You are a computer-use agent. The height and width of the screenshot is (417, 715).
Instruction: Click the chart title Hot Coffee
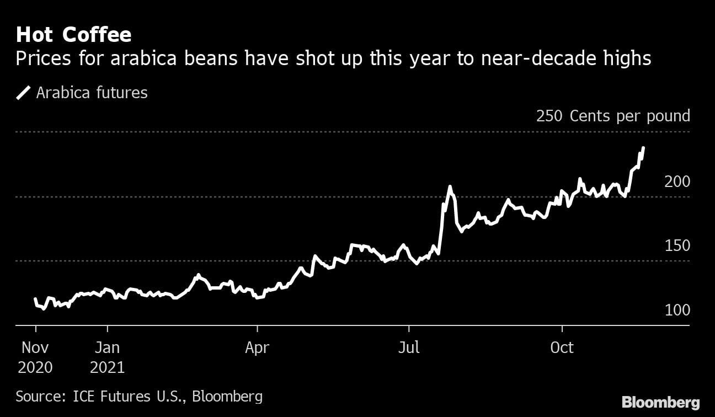(x=73, y=35)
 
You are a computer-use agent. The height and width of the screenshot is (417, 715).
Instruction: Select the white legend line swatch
(x=24, y=93)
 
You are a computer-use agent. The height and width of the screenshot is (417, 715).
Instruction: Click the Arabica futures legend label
(x=92, y=93)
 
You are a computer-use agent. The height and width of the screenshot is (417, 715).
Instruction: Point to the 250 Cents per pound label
(x=612, y=116)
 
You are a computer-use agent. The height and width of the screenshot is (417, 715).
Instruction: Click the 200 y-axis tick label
(x=677, y=181)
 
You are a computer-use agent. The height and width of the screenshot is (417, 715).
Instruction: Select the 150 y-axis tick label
(x=677, y=245)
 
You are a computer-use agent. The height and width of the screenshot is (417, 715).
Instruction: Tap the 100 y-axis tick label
(x=677, y=310)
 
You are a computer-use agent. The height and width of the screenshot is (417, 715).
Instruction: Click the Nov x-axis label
(x=35, y=348)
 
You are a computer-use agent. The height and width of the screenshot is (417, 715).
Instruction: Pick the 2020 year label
(x=35, y=367)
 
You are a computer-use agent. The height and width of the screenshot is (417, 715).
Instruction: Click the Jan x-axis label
(x=107, y=348)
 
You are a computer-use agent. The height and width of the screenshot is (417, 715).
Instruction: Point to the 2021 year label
(x=107, y=367)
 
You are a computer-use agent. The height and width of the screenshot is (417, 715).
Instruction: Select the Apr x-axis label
(x=257, y=348)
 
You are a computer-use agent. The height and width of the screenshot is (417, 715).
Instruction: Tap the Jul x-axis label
(x=409, y=348)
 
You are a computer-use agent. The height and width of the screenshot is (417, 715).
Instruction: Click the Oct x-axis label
(x=562, y=348)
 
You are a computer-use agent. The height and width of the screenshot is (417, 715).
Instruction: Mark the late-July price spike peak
(x=450, y=187)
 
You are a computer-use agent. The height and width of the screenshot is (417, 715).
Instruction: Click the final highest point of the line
(x=643, y=148)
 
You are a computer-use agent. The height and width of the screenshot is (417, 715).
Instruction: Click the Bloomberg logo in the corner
(x=660, y=402)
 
